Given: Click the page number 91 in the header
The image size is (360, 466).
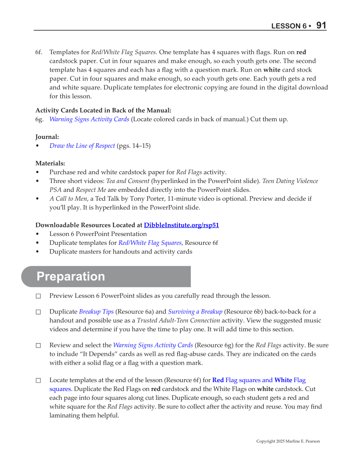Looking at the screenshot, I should pyautogui.click(x=321, y=25).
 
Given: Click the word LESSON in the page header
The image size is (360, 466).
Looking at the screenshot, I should pyautogui.click(x=286, y=26).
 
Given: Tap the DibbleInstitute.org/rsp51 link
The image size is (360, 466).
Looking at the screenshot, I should pyautogui.click(x=181, y=225).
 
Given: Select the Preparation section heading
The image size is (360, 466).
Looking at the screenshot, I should pyautogui.click(x=71, y=276).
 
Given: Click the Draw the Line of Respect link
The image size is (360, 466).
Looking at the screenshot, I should pyautogui.click(x=82, y=146).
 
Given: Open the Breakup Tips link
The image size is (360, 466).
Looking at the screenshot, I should pyautogui.click(x=96, y=312).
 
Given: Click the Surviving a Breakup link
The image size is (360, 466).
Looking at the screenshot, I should pyautogui.click(x=195, y=312).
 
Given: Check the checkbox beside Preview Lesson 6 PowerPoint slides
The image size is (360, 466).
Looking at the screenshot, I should pyautogui.click(x=38, y=296).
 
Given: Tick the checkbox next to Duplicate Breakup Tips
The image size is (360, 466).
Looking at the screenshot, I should pyautogui.click(x=38, y=312).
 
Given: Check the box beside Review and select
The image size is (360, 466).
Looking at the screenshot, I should pyautogui.click(x=38, y=346).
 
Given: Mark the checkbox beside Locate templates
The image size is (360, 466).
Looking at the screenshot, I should pyautogui.click(x=38, y=381).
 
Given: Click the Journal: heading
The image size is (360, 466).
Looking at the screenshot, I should pyautogui.click(x=47, y=137).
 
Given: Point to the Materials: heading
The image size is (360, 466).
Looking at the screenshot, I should pyautogui.click(x=50, y=163).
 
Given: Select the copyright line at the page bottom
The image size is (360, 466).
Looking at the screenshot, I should pyautogui.click(x=288, y=441).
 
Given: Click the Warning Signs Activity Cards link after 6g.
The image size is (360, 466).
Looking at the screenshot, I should pyautogui.click(x=89, y=119).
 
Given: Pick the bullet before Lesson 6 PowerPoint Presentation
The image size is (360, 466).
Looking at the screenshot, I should pyautogui.click(x=38, y=234).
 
